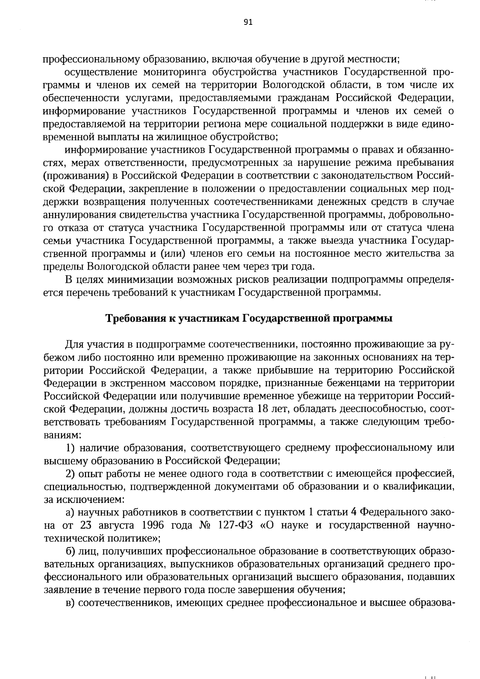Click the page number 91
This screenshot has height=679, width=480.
[248, 22]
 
